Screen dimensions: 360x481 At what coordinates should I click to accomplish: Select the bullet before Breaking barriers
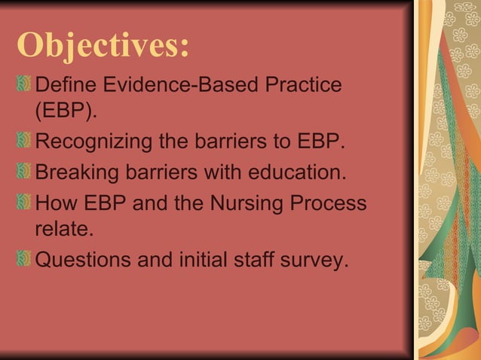pyautogui.click(x=23, y=172)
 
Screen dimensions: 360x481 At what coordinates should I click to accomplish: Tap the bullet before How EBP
pyautogui.click(x=23, y=203)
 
